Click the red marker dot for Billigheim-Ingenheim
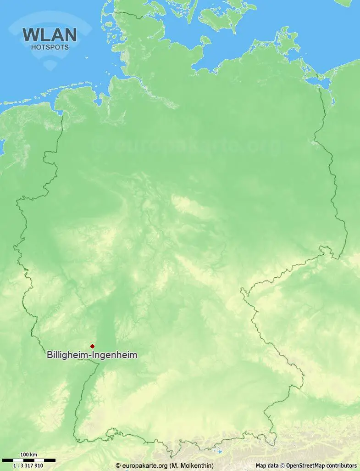92,346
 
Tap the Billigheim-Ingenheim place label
92,355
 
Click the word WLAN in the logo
50,35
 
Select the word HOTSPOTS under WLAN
50,47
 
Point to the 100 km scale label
28,455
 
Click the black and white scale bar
28,460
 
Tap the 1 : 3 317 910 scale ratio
28,465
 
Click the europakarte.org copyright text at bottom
142,465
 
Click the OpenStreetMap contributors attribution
321,465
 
